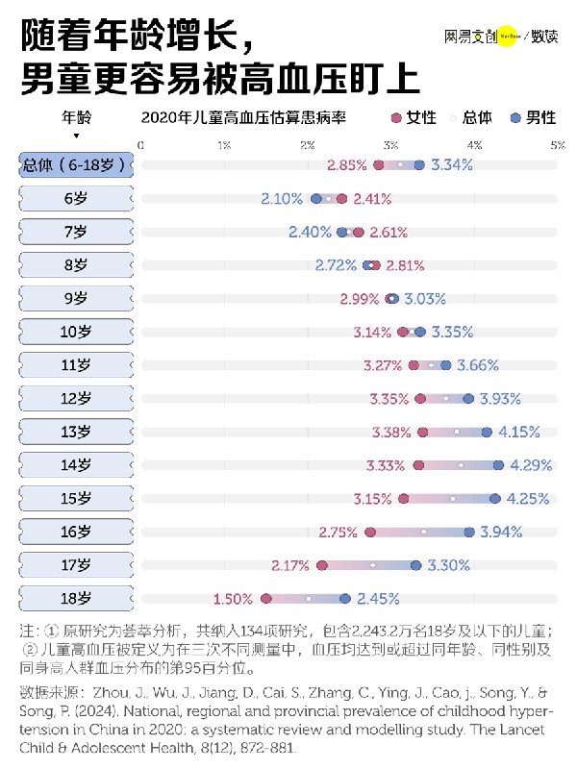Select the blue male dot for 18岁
[x=345, y=599]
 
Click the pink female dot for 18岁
[x=266, y=599]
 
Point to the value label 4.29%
[x=531, y=465]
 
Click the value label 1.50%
[x=233, y=599]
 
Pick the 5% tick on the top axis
[x=558, y=144]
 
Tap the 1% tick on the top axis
[x=224, y=144]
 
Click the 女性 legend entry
[x=413, y=118]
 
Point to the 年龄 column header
[x=76, y=117]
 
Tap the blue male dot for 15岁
[x=495, y=499]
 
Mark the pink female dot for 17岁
[x=322, y=565]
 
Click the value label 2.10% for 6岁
[x=282, y=199]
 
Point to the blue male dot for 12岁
[x=468, y=399]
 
